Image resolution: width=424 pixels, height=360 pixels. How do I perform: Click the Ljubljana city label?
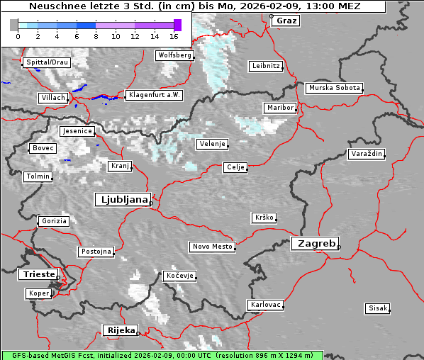(x=122, y=200)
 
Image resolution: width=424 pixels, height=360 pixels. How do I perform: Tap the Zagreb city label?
(x=314, y=243)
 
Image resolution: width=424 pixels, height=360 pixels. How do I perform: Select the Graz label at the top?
(x=286, y=21)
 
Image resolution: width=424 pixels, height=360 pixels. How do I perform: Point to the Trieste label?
(x=37, y=274)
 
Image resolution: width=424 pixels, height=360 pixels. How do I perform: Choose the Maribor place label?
(x=279, y=108)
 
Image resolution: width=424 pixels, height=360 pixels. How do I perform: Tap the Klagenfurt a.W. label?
(x=154, y=95)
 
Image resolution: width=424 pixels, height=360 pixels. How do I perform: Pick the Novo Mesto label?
(x=212, y=247)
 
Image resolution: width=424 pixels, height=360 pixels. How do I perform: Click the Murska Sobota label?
(x=334, y=89)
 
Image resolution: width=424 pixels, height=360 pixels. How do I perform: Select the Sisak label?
(x=377, y=308)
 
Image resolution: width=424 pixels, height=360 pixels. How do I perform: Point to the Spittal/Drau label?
(x=46, y=62)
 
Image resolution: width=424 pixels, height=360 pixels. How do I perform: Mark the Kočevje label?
(x=179, y=276)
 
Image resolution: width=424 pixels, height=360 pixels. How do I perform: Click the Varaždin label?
(x=367, y=154)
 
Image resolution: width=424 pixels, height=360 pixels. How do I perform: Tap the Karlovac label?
(x=266, y=305)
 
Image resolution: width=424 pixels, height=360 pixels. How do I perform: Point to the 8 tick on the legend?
(x=96, y=35)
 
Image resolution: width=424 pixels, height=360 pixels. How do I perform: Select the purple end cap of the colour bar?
(x=177, y=25)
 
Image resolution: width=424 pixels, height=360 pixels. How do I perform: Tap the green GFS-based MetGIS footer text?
(x=162, y=355)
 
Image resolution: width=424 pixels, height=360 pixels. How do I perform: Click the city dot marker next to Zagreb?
(x=339, y=247)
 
